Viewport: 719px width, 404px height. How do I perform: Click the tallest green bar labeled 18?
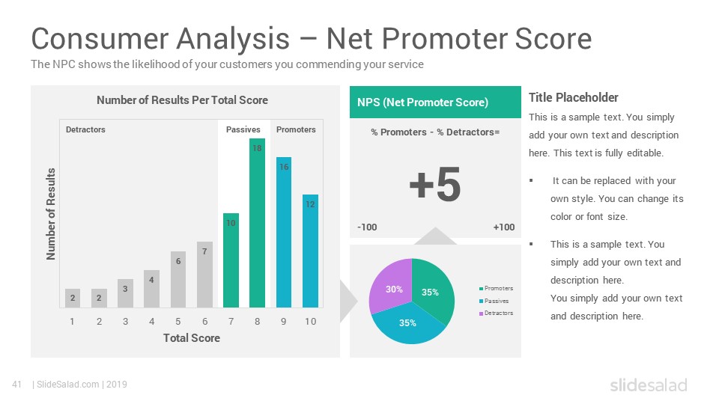tap(257, 223)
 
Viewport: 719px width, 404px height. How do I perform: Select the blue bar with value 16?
tap(284, 232)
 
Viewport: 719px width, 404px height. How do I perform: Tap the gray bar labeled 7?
tap(204, 275)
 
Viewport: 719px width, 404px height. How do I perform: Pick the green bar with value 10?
tap(231, 260)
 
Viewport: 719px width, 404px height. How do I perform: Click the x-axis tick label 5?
tap(178, 322)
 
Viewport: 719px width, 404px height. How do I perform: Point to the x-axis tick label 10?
tap(310, 322)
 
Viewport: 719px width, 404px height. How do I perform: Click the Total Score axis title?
tap(192, 338)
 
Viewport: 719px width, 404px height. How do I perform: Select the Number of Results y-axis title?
tap(50, 214)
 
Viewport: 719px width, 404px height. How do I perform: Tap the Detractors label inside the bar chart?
tap(85, 129)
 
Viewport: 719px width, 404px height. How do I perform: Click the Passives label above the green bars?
tap(243, 129)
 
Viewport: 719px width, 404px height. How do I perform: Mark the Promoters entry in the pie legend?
tap(496, 288)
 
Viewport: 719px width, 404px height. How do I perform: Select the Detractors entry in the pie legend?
tap(496, 313)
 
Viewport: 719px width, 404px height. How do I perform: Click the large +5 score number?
tap(434, 184)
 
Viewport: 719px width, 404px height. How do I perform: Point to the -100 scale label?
tap(367, 227)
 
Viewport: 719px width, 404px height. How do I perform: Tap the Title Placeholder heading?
tap(573, 97)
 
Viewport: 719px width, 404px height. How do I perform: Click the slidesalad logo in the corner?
tap(649, 385)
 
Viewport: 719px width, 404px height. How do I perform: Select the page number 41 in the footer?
tap(17, 385)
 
